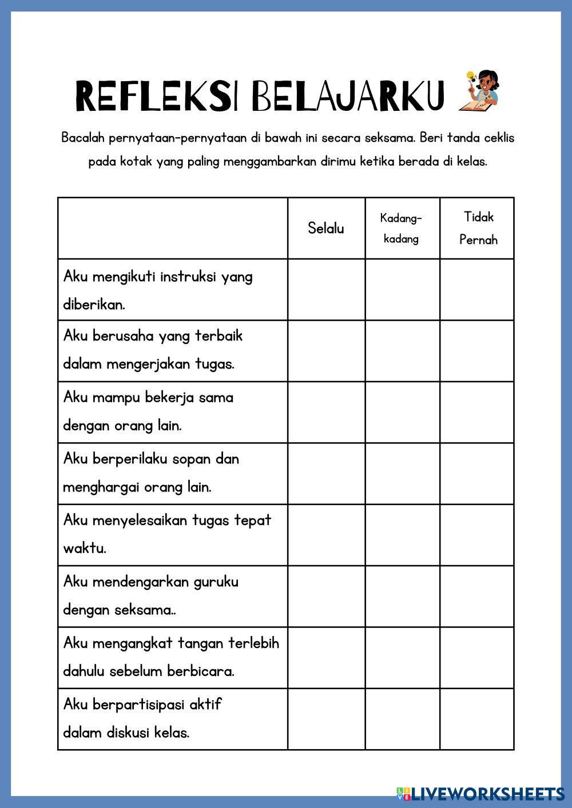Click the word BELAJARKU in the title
click(x=347, y=96)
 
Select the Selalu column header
click(x=326, y=229)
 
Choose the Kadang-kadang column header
click(x=402, y=229)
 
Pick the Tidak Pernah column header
click(x=478, y=229)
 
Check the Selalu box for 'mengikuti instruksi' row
click(x=326, y=290)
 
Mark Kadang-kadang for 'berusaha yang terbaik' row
click(x=402, y=351)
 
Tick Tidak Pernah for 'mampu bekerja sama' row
click(x=477, y=412)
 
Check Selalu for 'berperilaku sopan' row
click(x=326, y=474)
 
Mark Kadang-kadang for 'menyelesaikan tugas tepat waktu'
click(x=402, y=535)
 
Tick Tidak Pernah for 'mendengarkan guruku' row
click(x=477, y=596)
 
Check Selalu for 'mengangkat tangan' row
click(x=326, y=658)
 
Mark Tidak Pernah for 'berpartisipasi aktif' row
click(x=477, y=719)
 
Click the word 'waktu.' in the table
click(x=85, y=549)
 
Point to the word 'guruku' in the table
click(x=216, y=582)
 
